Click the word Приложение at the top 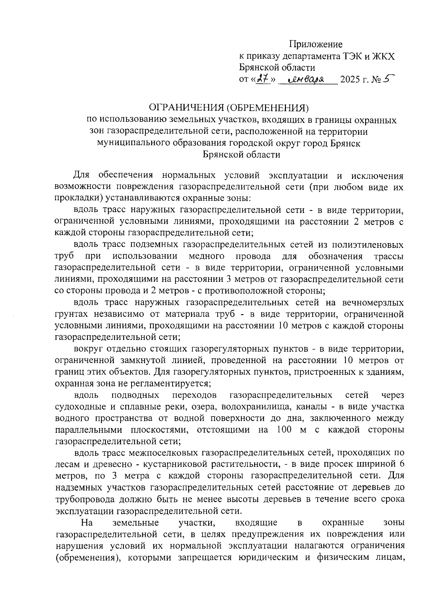(x=316, y=45)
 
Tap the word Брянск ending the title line (x=346, y=143)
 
